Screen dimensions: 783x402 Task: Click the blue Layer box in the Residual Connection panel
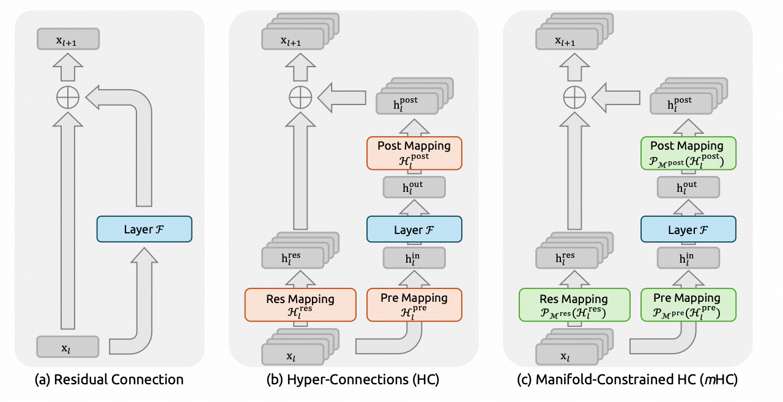point(144,229)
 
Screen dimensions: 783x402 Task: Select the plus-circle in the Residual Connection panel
point(68,97)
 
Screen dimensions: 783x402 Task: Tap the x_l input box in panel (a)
point(68,346)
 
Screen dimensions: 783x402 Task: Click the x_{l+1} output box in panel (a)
point(68,38)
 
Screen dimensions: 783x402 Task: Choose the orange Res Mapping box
point(300,305)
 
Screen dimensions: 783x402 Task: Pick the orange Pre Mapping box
point(414,305)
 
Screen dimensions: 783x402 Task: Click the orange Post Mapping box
point(414,153)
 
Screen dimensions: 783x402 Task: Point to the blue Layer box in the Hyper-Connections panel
point(414,229)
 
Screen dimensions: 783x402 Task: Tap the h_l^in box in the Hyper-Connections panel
point(414,258)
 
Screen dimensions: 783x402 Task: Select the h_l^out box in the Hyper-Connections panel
point(414,188)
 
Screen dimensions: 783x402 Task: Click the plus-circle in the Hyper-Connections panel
point(300,97)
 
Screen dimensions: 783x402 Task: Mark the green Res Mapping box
point(574,305)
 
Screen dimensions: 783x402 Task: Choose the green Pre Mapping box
point(688,305)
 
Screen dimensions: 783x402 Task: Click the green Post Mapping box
point(688,153)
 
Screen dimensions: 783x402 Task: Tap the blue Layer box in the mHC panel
point(688,229)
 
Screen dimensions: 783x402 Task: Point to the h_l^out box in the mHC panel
point(688,188)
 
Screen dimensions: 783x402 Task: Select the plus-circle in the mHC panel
point(574,97)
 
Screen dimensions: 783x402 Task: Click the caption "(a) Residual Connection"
point(109,379)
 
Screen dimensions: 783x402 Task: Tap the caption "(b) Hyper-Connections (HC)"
point(353,379)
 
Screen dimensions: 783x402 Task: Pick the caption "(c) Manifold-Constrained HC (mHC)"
point(627,379)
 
